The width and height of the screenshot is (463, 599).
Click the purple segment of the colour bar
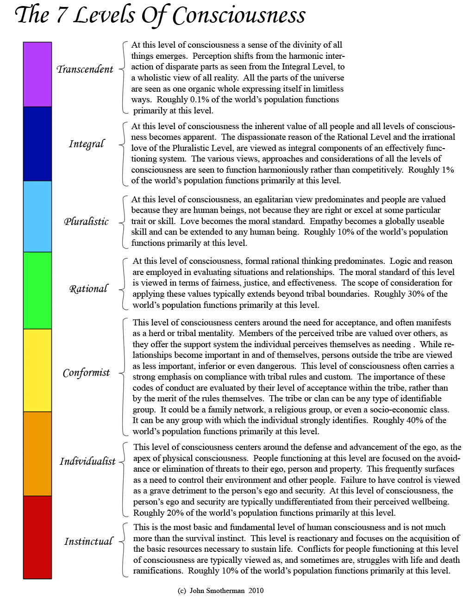click(x=38, y=74)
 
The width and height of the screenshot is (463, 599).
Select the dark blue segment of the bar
click(x=38, y=144)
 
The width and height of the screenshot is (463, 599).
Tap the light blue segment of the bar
click(x=38, y=216)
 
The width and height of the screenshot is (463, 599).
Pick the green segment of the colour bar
click(x=38, y=290)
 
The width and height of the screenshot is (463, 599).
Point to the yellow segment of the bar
click(x=38, y=370)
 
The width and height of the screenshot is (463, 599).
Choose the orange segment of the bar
click(x=38, y=453)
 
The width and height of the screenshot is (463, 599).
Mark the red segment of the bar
click(x=38, y=537)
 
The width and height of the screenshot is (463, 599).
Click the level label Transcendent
click(x=85, y=69)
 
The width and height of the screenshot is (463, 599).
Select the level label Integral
click(x=87, y=144)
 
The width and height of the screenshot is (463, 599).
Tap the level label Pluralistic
click(x=86, y=221)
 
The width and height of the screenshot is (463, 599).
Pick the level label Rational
click(x=88, y=289)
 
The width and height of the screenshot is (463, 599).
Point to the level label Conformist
click(x=86, y=373)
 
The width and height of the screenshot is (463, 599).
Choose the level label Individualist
click(x=88, y=461)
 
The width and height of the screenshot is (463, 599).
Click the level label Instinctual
click(x=88, y=541)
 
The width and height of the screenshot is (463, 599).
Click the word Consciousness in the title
click(x=239, y=16)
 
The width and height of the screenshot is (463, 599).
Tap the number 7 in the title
click(x=61, y=16)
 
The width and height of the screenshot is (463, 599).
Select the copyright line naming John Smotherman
click(x=220, y=591)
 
